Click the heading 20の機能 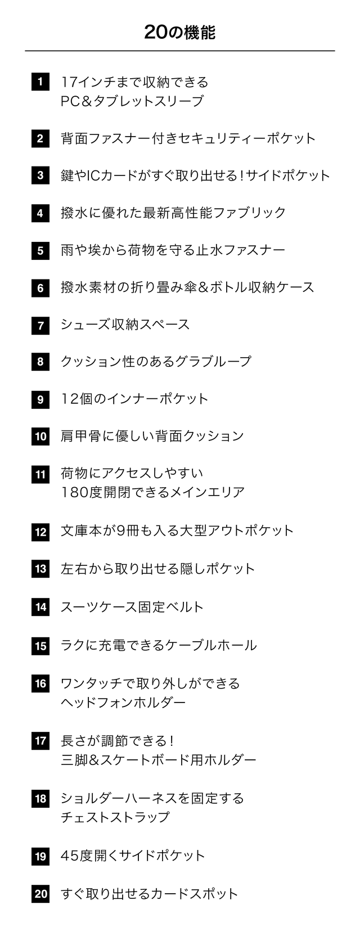click(x=179, y=32)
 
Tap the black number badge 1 click(x=40, y=82)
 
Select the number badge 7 click(x=40, y=325)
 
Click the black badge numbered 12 click(x=40, y=532)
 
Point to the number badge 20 click(x=40, y=894)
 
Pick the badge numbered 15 click(x=40, y=646)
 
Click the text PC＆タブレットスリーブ click(x=132, y=101)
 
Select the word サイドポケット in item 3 click(x=288, y=175)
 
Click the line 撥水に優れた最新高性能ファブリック click(x=173, y=213)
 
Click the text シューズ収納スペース click(x=125, y=324)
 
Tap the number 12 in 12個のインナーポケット click(x=69, y=399)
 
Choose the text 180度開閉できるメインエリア click(x=153, y=492)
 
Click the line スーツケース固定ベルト click(x=132, y=607)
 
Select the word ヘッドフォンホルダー click(x=123, y=703)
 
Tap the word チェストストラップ click(x=115, y=817)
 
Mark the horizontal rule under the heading click(x=179, y=51)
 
